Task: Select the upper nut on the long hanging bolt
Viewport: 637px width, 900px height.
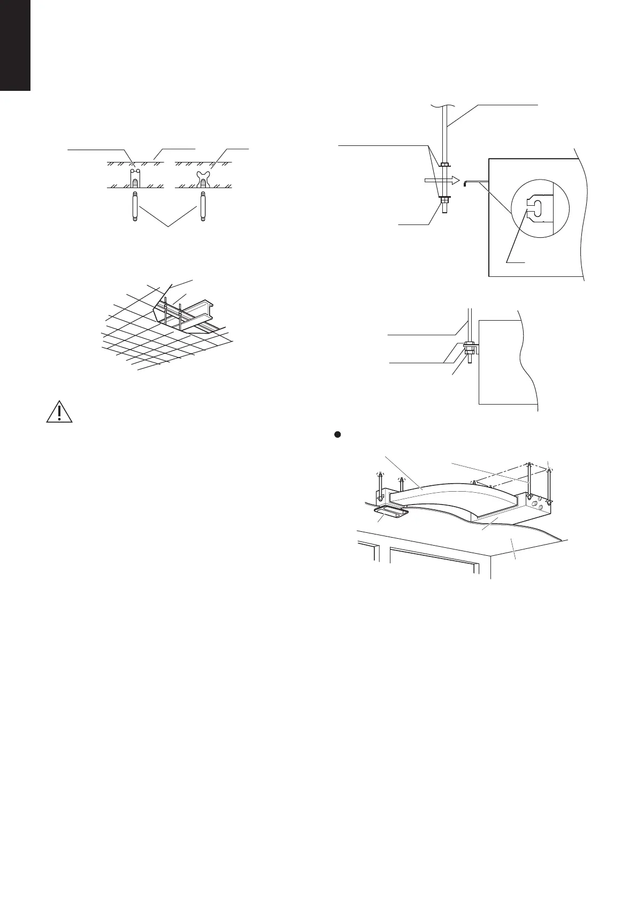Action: (x=445, y=164)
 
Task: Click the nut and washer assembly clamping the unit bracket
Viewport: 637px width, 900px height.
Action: (x=469, y=348)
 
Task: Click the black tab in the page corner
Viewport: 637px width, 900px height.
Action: (x=15, y=45)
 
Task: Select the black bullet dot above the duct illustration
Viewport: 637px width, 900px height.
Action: (x=337, y=435)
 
